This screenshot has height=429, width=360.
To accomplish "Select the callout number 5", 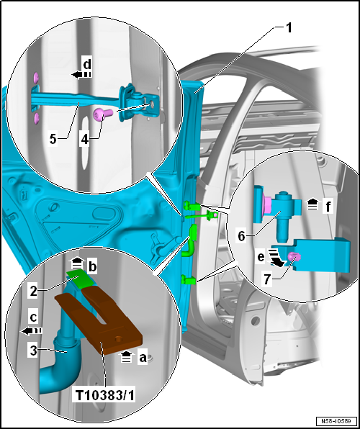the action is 53,139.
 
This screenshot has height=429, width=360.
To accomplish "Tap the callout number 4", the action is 85,139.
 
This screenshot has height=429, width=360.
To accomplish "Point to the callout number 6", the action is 241,236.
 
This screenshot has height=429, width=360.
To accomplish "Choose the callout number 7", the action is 266,279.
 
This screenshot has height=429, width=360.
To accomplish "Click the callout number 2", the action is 33,292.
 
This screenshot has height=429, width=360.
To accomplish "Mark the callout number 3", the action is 33,351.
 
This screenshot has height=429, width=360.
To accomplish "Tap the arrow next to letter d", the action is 81,75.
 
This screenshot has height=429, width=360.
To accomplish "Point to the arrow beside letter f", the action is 313,204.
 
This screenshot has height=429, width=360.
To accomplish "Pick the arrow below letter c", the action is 32,331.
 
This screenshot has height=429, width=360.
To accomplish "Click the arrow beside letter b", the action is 76,263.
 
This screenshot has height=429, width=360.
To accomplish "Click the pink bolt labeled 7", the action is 294,257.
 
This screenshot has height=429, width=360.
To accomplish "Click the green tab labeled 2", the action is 81,279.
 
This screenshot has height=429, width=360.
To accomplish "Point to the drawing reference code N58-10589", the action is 337,420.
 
